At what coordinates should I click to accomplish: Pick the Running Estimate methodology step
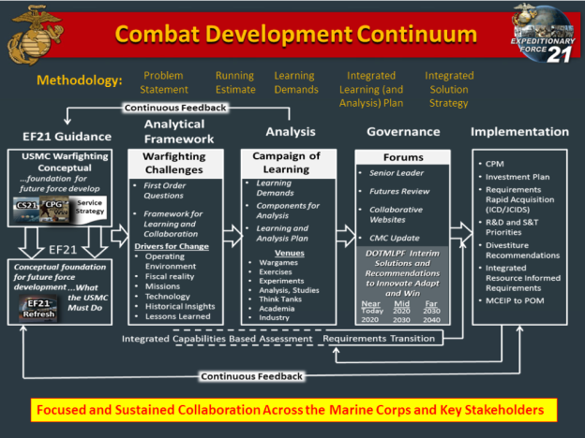(234, 82)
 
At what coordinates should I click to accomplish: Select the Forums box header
(403, 157)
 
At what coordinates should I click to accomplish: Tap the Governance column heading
(403, 132)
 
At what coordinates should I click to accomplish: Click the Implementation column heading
(519, 132)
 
